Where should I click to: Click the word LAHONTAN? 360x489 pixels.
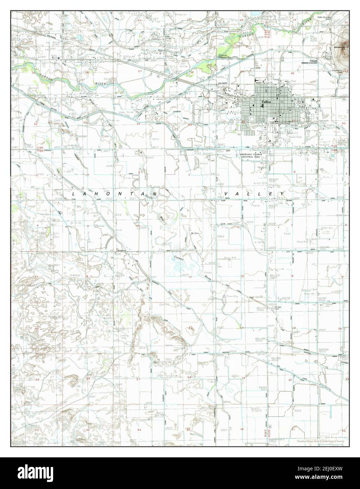click(x=116, y=194)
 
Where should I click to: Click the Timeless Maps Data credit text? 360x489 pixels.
click(x=320, y=441)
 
